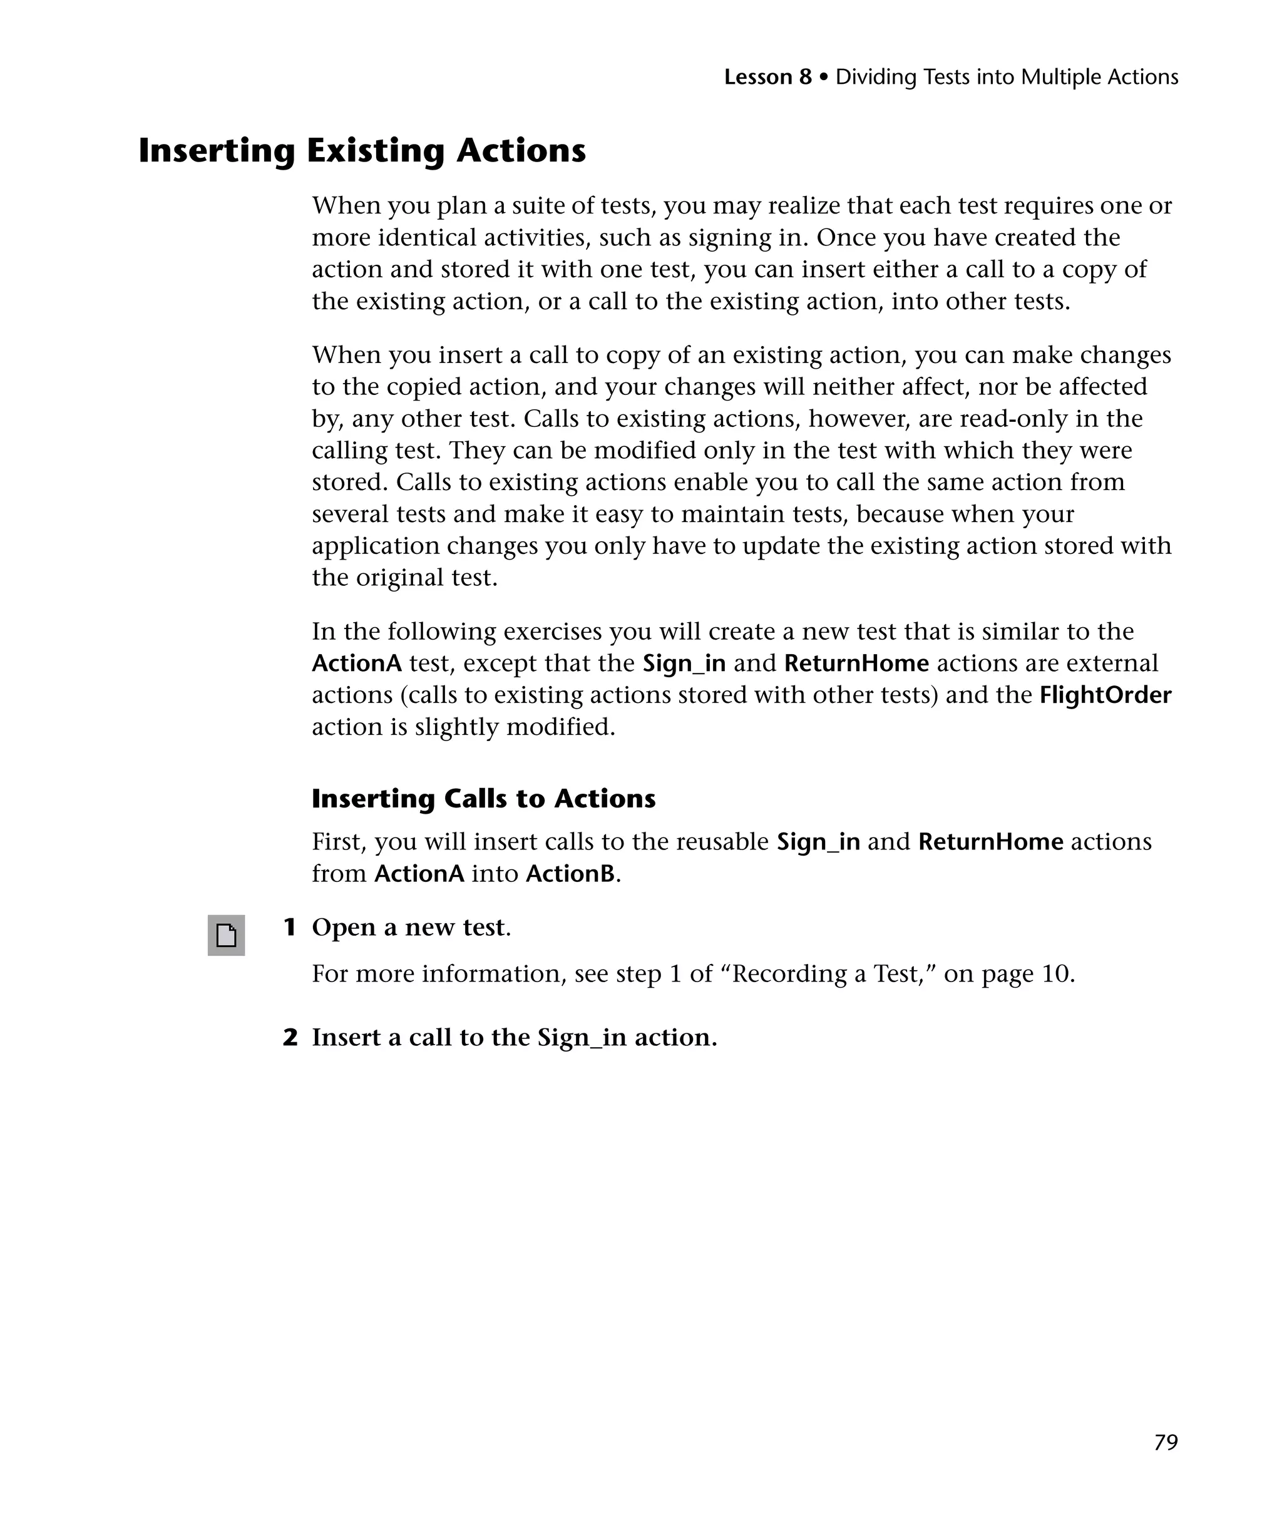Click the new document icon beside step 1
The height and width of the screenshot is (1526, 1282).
226,935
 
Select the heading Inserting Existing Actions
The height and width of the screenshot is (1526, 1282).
362,151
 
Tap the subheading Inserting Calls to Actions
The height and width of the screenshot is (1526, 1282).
483,799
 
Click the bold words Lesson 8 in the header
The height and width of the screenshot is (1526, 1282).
767,77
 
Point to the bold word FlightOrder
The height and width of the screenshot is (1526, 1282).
1105,695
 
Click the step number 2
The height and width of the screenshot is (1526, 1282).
290,1038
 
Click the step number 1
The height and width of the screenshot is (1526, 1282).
289,928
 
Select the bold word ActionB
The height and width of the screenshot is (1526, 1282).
570,873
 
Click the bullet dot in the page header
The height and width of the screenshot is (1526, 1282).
823,77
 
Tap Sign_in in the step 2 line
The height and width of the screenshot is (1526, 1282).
582,1038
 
